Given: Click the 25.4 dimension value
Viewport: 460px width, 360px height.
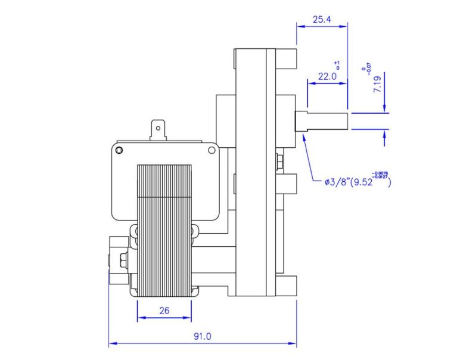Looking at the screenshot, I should pyautogui.click(x=322, y=20).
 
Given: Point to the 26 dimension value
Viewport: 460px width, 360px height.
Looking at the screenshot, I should pyautogui.click(x=164, y=311).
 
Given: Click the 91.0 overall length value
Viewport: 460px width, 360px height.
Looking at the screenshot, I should pyautogui.click(x=202, y=336).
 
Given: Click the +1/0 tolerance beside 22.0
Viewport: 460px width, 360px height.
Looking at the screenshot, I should pyautogui.click(x=337, y=65).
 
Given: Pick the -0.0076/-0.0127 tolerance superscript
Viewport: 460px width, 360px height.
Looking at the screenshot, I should pyautogui.click(x=380, y=176).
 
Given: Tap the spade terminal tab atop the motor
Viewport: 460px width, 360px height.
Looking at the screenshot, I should pyautogui.click(x=158, y=131).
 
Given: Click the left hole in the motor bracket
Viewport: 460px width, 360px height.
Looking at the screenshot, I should pyautogui.click(x=120, y=149).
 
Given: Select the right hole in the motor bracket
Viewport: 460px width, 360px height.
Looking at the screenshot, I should pyautogui.click(x=211, y=151).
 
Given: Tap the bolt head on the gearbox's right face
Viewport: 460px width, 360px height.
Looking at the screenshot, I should pyautogui.click(x=278, y=161).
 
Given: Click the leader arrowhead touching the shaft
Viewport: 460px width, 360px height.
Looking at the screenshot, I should pyautogui.click(x=304, y=136).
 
